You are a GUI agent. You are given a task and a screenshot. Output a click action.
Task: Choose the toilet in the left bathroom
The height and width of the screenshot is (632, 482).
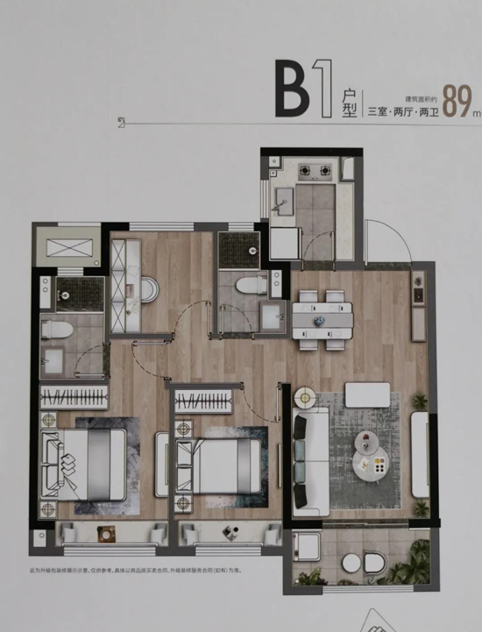point(57,331)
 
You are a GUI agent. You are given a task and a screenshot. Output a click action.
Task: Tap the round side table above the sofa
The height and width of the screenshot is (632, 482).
point(306,398)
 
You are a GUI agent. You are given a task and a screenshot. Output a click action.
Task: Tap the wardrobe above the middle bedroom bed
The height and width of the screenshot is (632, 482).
point(204,402)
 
